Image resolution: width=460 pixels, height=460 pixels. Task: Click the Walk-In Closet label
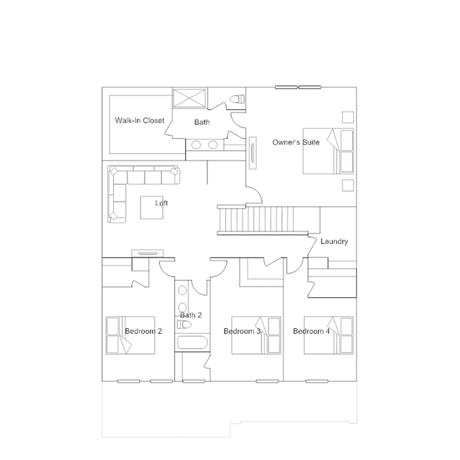click(x=140, y=120)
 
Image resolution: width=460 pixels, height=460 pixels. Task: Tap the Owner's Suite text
click(x=296, y=143)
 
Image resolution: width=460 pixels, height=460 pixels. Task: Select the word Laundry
click(x=334, y=241)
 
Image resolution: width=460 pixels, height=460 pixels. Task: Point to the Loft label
click(x=161, y=203)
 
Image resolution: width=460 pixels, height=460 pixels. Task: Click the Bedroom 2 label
click(x=143, y=331)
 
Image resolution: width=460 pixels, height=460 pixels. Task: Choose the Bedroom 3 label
click(x=242, y=331)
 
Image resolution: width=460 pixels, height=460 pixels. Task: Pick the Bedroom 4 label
click(x=311, y=331)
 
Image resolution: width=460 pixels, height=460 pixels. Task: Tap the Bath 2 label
click(x=191, y=315)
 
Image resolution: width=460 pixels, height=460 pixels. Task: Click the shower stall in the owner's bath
click(x=189, y=98)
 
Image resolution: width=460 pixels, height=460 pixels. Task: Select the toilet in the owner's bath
click(x=238, y=99)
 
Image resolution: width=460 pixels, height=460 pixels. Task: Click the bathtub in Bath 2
click(x=192, y=343)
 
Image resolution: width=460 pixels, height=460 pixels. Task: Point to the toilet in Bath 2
click(x=184, y=325)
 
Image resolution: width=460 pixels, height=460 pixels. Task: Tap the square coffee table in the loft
click(x=152, y=207)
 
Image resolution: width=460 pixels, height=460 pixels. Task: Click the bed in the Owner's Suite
click(x=328, y=151)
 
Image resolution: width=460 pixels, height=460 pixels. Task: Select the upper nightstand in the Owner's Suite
click(x=348, y=117)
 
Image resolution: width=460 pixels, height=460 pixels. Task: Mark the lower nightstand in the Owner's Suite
click(x=348, y=185)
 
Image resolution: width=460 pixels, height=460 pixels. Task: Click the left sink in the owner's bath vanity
click(x=197, y=145)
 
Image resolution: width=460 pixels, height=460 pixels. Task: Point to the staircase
click(x=263, y=220)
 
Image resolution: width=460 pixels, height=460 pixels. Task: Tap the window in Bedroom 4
click(x=317, y=382)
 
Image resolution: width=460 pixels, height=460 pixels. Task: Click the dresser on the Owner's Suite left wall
click(x=253, y=153)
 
